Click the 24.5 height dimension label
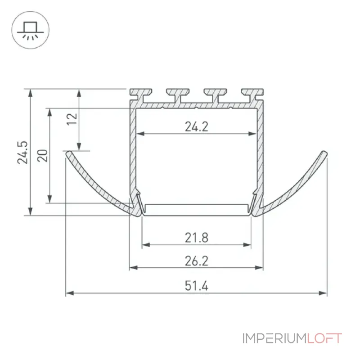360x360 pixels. (22, 153)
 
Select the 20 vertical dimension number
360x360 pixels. (42, 155)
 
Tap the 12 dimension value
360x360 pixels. (72, 119)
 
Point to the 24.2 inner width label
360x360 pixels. (197, 127)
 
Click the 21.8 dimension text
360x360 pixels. (197, 238)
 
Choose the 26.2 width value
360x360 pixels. (197, 261)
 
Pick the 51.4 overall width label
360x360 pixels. (197, 286)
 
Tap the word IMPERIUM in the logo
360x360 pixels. (274, 338)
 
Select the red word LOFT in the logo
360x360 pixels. (324, 338)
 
